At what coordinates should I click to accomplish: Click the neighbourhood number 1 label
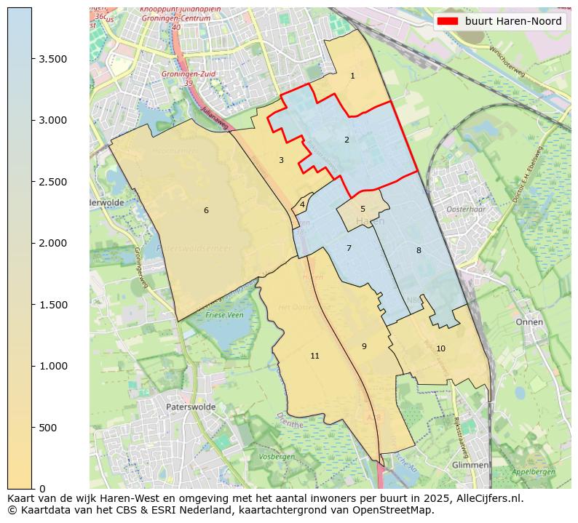(352, 76)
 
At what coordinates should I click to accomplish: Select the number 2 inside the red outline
(347, 140)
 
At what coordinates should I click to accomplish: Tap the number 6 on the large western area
(206, 210)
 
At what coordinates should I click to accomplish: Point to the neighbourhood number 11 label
(314, 356)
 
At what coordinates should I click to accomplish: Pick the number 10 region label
(440, 348)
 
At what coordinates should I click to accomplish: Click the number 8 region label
(419, 250)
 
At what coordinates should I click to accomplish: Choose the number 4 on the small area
(302, 204)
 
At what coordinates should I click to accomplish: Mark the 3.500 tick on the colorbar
(58, 59)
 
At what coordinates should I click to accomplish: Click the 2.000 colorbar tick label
(58, 243)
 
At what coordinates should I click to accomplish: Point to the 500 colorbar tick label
(49, 428)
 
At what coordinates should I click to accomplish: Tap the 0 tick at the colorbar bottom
(42, 489)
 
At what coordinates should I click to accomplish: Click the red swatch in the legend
(448, 21)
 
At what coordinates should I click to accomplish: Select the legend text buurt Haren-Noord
(513, 21)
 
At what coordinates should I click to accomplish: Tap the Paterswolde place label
(191, 407)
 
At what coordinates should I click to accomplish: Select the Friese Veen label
(225, 315)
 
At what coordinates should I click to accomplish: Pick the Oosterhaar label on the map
(465, 209)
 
